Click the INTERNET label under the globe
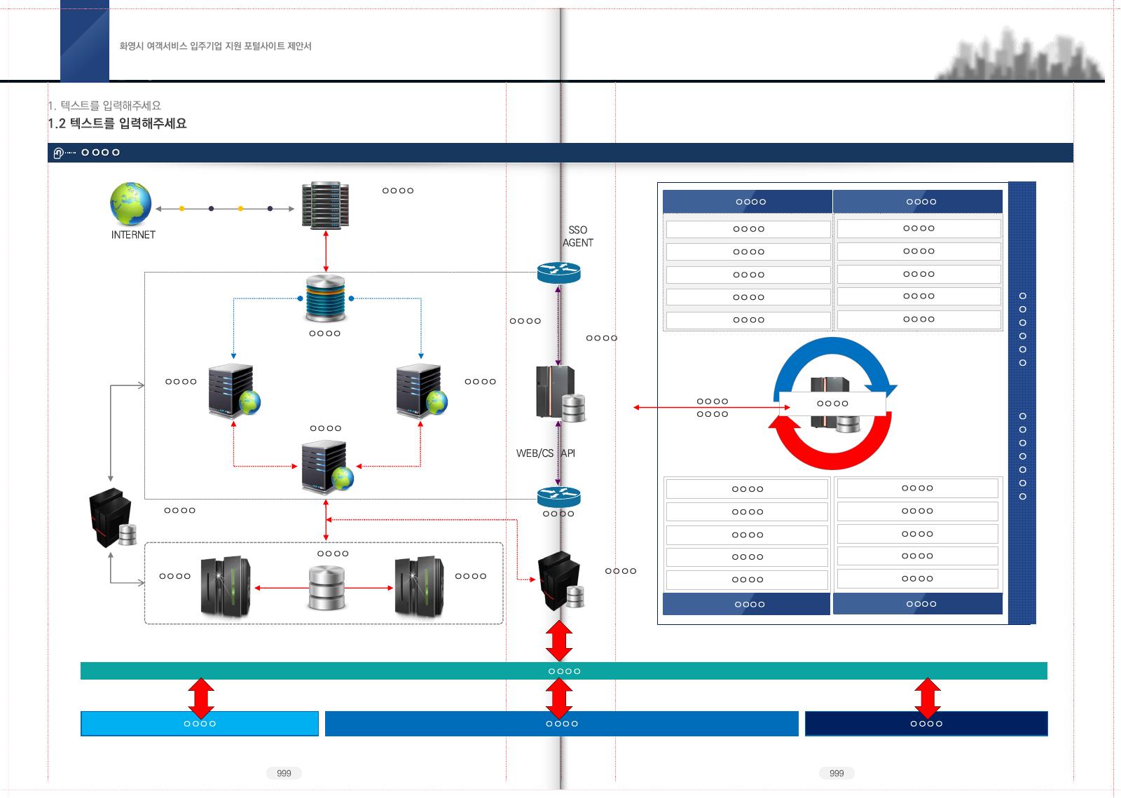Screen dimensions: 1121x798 coord(133,235)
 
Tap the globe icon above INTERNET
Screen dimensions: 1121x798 coord(130,203)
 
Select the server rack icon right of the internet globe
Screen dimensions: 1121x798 coord(325,205)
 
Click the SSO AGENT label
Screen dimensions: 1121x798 coord(577,236)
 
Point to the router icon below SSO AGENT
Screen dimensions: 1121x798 coord(558,273)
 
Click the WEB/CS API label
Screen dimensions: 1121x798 coord(546,453)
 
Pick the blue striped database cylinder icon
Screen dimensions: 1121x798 coord(325,298)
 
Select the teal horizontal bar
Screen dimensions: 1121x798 coord(563,671)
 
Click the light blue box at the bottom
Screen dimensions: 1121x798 coord(199,724)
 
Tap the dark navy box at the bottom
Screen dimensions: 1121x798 coord(926,724)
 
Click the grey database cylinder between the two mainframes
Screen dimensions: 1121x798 coord(326,588)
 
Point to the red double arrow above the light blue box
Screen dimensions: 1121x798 coord(201,698)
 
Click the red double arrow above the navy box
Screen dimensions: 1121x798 coord(928,698)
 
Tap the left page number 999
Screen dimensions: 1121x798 coord(284,773)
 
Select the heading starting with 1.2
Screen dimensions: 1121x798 coord(117,123)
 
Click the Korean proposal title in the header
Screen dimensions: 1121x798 coord(215,46)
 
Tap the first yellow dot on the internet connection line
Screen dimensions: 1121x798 coord(181,209)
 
